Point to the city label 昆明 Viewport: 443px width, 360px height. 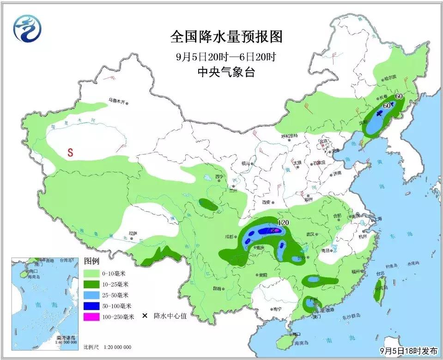tap(217, 288)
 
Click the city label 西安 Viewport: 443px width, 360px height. tap(267, 202)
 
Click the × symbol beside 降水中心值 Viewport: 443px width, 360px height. tap(145, 317)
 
